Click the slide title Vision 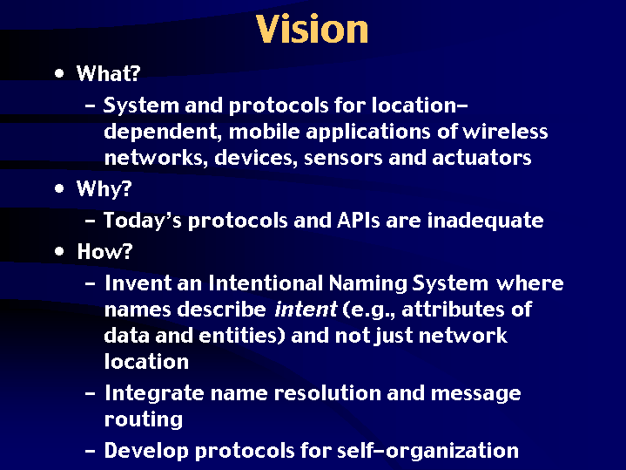pos(312,29)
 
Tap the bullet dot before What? pos(59,73)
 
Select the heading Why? pos(104,189)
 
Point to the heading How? pos(104,252)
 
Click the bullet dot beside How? pos(59,252)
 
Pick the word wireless pos(505,131)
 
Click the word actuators pos(481,158)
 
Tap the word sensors pos(343,158)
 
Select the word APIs pos(359,220)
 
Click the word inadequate pos(486,221)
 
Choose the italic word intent pos(306,310)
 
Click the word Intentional pos(265,283)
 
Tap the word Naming pos(367,284)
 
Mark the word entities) pos(242,335)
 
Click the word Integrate pos(154,393)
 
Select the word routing pos(144,420)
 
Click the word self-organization pos(427,451)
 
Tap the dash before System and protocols pos(91,106)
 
